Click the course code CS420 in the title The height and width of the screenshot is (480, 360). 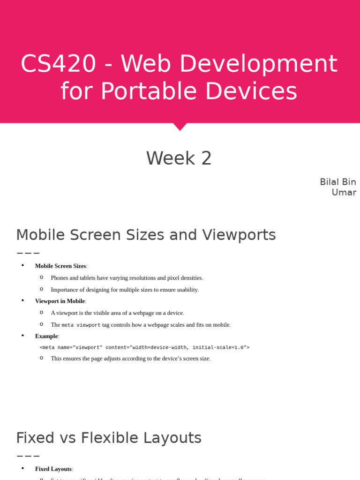[x=58, y=64]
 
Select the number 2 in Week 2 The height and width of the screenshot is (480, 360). [x=206, y=158]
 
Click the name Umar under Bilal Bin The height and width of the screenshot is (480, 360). [x=344, y=192]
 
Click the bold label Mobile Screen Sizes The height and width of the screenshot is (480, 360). [x=60, y=266]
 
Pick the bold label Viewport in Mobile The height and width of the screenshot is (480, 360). [x=60, y=301]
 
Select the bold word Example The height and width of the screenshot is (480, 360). [x=46, y=336]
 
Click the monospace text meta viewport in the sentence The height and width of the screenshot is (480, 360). [x=81, y=325]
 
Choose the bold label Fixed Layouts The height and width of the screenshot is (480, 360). [x=53, y=469]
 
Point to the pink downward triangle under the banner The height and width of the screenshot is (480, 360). [x=180, y=127]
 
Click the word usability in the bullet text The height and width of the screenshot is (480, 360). [x=185, y=290]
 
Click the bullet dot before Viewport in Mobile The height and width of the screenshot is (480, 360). [x=22, y=300]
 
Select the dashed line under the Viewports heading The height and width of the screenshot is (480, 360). [x=28, y=253]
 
